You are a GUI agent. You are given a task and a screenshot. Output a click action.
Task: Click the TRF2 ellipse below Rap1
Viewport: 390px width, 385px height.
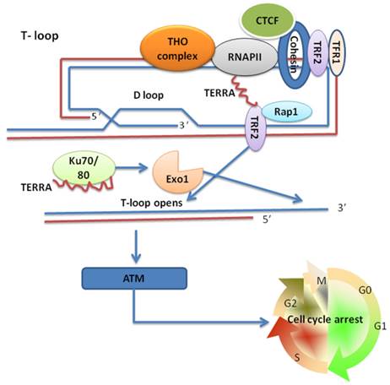253,132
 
